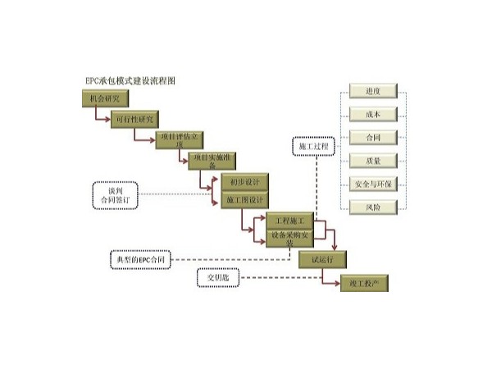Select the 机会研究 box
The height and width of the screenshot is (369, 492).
(105, 98)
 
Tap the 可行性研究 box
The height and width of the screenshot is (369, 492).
(134, 120)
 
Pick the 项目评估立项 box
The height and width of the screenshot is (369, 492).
(179, 139)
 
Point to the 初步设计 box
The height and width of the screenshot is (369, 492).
(245, 181)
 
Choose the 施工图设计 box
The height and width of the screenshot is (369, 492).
(245, 200)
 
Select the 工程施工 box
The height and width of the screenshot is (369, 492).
(289, 221)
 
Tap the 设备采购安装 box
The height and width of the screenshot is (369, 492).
(289, 238)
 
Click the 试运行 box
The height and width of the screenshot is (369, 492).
(322, 259)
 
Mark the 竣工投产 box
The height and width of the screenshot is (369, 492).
(363, 283)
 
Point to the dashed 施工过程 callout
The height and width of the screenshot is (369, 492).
(313, 147)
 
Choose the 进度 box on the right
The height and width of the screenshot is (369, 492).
(374, 91)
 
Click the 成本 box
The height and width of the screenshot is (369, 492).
(374, 114)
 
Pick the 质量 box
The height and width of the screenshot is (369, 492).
(374, 161)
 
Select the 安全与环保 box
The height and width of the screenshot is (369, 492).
(374, 184)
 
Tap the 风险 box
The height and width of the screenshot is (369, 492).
(374, 207)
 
